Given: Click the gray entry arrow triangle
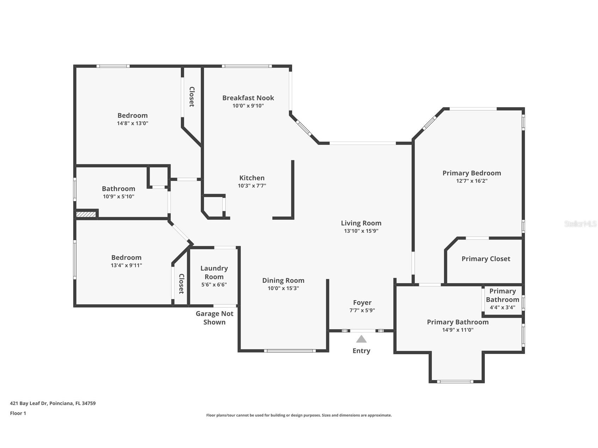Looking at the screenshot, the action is coord(361,339).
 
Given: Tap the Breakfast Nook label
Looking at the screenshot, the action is coord(248,98).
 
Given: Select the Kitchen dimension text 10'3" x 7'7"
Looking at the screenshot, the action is coord(252,186).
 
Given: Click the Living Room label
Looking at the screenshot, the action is coord(361,223).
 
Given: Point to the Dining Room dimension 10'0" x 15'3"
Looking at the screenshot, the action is coord(283,288).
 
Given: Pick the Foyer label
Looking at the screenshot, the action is coord(362,303).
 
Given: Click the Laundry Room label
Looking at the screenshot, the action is coord(214,273).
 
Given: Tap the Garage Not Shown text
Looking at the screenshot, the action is coord(215,318).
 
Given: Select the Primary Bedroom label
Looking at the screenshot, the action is coord(472,173).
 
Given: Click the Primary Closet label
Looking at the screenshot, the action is coord(486,259).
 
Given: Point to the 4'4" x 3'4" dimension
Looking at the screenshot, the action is coord(503,307).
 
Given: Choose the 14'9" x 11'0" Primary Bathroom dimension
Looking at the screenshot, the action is coord(458,330).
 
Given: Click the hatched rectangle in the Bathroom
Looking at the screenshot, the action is coord(86,214).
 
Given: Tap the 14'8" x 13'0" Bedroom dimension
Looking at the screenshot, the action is coord(132,123).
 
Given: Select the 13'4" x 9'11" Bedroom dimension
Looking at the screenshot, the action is coord(127,265).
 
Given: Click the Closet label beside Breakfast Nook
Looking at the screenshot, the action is coord(192,97).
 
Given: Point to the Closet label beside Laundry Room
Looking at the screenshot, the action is coord(181,284).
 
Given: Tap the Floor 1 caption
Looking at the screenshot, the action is coord(18,413).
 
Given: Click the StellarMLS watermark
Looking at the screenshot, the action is coord(580,224).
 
